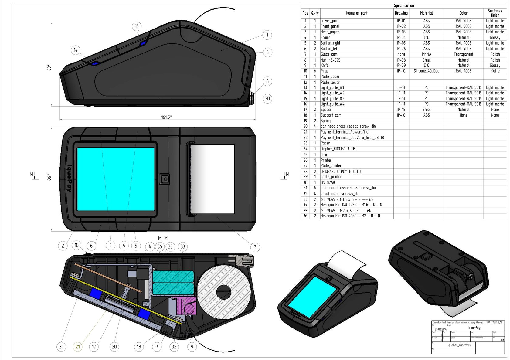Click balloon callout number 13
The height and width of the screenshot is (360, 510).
137,26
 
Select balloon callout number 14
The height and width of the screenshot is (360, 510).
76,50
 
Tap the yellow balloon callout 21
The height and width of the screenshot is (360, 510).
78,347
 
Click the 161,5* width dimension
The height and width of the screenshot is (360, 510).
166,117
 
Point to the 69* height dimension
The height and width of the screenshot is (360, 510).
49,67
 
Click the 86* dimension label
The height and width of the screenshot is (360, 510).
49,177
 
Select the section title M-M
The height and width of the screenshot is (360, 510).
163,239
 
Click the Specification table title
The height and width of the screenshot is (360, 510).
404,5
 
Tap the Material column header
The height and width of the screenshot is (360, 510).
426,13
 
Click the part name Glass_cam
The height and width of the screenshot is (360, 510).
329,54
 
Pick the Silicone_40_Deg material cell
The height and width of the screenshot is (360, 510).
426,71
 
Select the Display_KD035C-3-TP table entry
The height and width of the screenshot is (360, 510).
338,149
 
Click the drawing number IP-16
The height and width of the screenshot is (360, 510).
401,115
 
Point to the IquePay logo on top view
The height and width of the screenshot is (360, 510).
69,178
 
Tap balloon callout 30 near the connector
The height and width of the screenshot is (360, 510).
267,99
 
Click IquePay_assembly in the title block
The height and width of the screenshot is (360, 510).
459,345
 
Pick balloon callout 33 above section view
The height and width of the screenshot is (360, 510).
183,247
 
